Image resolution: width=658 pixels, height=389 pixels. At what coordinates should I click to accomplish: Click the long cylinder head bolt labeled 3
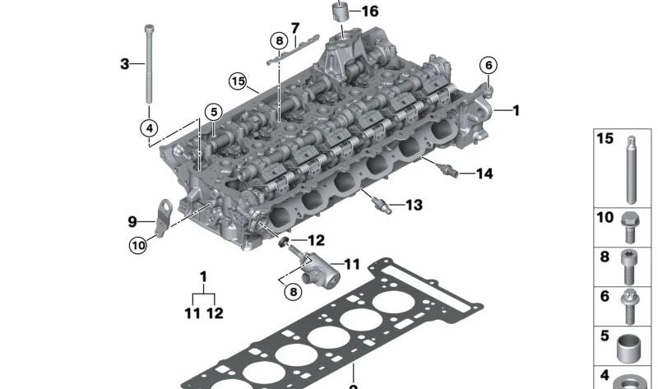pos(149,64)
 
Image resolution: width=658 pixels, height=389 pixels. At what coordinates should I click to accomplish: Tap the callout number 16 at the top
pos(369,12)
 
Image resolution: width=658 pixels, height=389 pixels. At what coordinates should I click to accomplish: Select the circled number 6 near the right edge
pos(489,66)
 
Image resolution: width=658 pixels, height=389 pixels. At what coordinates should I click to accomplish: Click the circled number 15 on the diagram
pos(238,81)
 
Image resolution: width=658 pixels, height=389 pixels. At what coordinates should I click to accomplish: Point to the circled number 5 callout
pos(214,112)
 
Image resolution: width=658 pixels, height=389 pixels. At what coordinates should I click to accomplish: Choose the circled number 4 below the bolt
pos(149,128)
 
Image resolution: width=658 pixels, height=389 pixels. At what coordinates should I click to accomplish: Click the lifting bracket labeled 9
pos(163,217)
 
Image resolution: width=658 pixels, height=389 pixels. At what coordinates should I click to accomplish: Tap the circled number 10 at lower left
pos(138,245)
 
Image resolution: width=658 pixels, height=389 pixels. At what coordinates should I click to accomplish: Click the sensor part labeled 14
pos(447,170)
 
